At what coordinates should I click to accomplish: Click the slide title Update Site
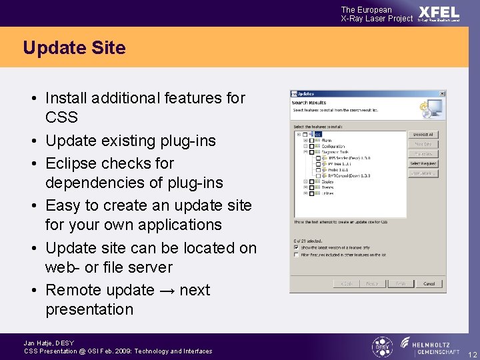[x=74, y=48]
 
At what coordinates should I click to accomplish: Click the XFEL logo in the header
[x=439, y=12]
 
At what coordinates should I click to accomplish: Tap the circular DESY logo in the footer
[x=382, y=347]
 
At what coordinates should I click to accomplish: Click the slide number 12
[x=472, y=354]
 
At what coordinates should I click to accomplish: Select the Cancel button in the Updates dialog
[x=429, y=283]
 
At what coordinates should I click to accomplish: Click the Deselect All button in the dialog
[x=423, y=135]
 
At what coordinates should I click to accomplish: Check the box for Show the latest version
[x=297, y=246]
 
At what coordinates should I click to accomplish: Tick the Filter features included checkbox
[x=297, y=254]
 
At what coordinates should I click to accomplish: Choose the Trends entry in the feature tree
[x=327, y=187]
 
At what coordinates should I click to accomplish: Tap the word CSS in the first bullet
[x=61, y=117]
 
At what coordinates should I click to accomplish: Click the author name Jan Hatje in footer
[x=39, y=343]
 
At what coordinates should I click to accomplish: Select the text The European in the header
[x=366, y=10]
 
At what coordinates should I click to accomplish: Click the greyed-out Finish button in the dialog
[x=400, y=283]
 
